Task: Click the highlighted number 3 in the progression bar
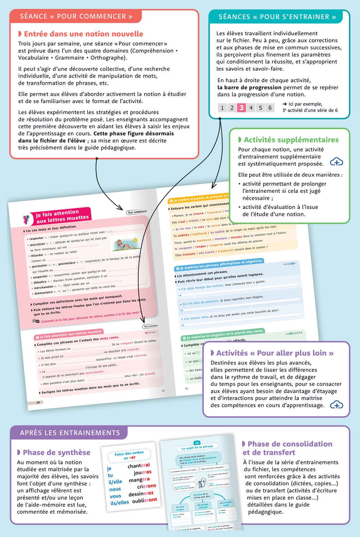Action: pyautogui.click(x=241, y=108)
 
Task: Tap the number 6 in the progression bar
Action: pyautogui.click(x=270, y=108)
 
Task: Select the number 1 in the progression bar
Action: pyautogui.click(x=222, y=108)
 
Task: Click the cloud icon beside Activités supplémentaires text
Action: pyautogui.click(x=336, y=162)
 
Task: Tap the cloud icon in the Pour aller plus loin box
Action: pyautogui.click(x=336, y=405)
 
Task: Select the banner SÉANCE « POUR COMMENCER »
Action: pyautogui.click(x=76, y=16)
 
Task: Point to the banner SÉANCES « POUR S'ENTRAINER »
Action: pyautogui.click(x=277, y=17)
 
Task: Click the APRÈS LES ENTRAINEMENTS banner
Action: pyautogui.click(x=70, y=433)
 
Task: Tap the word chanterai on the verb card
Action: pyautogui.click(x=139, y=465)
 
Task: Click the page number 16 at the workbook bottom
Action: pyautogui.click(x=38, y=402)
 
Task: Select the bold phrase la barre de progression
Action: pyautogui.click(x=249, y=87)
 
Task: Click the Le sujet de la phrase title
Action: pyautogui.click(x=197, y=447)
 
